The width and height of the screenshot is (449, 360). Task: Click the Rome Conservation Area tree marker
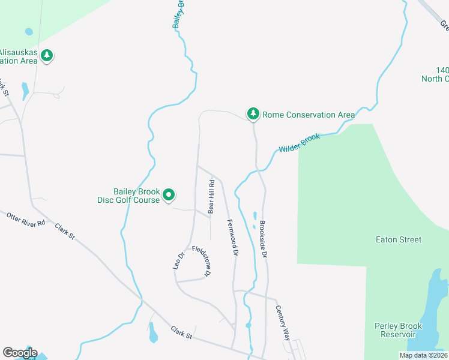253,113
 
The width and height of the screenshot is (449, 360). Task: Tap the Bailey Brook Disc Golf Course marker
169,194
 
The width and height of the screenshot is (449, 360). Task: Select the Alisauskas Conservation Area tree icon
47,56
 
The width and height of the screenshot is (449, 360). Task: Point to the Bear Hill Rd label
211,197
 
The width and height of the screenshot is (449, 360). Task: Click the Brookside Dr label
263,240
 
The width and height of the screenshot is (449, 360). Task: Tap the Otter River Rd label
26,219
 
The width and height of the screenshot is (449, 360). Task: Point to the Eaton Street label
398,239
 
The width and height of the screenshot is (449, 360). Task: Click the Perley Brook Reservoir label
398,330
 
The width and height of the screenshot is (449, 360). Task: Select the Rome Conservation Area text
309,115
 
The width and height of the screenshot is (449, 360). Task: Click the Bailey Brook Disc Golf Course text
129,196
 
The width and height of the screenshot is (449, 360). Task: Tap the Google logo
19,353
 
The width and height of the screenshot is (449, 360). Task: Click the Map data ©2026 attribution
423,355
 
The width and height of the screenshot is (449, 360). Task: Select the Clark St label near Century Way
181,332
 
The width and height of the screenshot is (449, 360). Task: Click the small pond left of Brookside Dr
255,216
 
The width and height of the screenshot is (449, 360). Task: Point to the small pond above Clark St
152,332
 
